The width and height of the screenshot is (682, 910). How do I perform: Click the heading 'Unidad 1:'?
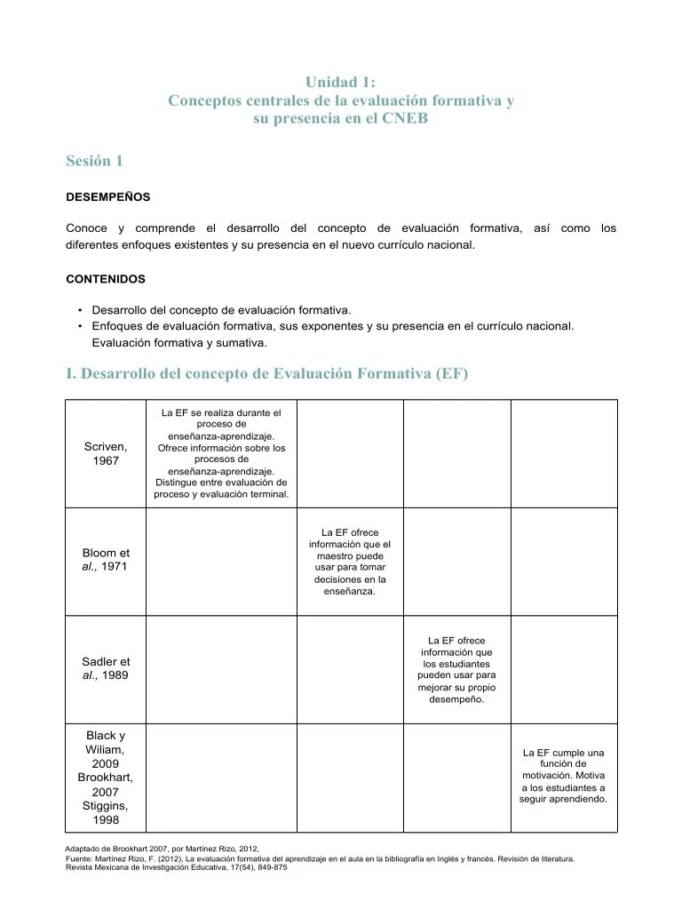click(341, 83)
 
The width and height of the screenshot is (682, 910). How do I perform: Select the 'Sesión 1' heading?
click(94, 161)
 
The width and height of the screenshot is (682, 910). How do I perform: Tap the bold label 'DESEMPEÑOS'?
click(108, 196)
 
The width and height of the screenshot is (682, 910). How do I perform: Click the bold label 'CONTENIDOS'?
click(106, 278)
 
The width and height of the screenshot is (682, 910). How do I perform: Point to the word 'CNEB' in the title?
click(405, 118)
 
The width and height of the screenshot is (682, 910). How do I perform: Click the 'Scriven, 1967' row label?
click(106, 453)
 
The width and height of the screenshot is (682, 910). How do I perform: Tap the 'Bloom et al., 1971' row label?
click(106, 559)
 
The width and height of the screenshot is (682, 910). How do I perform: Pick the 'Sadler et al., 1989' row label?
click(106, 668)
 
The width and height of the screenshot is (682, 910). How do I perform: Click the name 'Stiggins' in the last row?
click(106, 806)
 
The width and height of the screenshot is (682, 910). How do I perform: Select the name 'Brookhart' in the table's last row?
click(106, 778)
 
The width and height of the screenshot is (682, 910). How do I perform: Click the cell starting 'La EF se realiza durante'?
click(221, 453)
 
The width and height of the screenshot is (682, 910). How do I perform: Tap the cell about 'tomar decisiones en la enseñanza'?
click(350, 561)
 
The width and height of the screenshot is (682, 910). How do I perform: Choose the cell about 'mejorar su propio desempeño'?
click(456, 669)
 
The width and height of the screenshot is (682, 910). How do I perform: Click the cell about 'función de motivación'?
click(563, 776)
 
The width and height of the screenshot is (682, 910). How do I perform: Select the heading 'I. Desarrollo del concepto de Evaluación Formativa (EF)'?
click(266, 374)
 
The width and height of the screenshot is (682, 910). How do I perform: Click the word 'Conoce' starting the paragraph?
click(86, 228)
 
